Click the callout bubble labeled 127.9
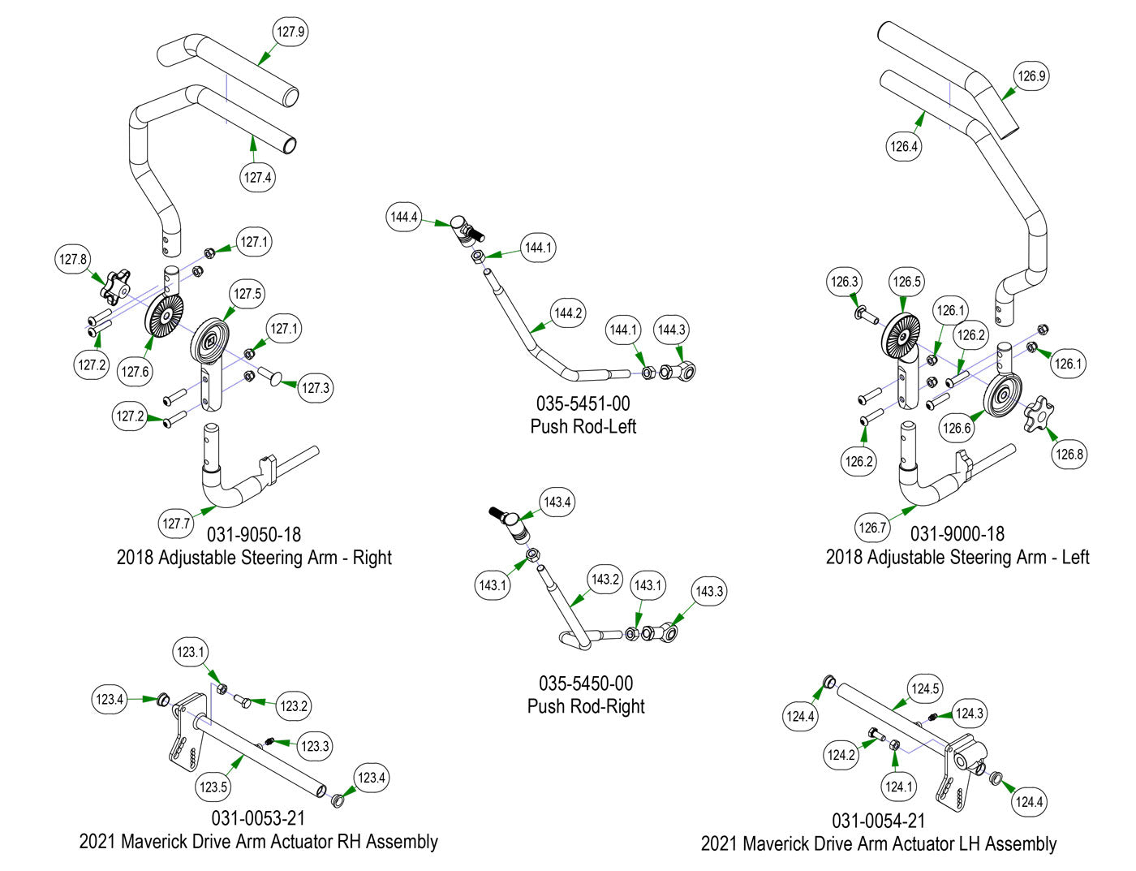290,32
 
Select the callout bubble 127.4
257,177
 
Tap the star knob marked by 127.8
116,285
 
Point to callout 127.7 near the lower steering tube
176,524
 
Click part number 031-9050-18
254,535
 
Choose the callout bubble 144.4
404,217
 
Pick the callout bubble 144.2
568,313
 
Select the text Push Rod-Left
583,426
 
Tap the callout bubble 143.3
709,591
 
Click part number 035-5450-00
586,683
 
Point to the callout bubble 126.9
1031,76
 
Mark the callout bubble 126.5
906,282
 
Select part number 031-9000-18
957,534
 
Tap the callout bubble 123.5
213,787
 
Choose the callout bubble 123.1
191,652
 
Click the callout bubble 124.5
925,689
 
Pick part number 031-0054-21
879,821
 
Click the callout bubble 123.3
315,746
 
